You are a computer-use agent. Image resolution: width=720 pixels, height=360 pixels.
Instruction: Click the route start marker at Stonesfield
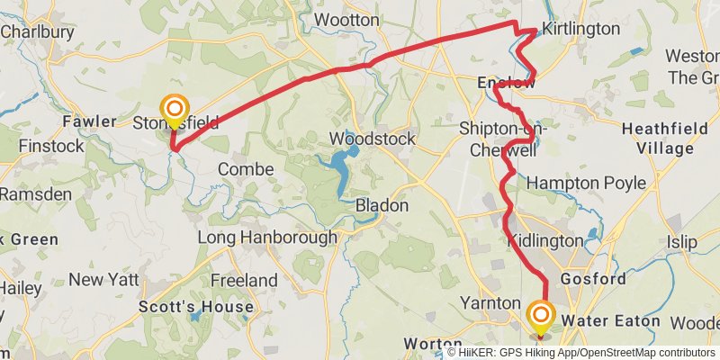click(x=173, y=109)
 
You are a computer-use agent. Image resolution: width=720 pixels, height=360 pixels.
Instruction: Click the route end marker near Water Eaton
click(x=541, y=315)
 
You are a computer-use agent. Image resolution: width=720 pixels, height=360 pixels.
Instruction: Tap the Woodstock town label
click(x=372, y=139)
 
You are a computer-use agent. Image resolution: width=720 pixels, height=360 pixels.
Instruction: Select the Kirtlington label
click(x=581, y=30)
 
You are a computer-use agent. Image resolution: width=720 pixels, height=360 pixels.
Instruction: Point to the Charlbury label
click(x=37, y=31)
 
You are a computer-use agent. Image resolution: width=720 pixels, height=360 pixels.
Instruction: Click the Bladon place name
click(x=382, y=205)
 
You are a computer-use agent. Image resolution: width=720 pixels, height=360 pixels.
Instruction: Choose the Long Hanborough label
click(x=267, y=238)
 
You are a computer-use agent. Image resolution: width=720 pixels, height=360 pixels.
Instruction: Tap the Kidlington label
click(x=545, y=241)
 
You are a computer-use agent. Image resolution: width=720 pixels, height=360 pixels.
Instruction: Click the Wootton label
click(x=346, y=19)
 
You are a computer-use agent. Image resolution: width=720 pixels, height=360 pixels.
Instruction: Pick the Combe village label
click(x=245, y=169)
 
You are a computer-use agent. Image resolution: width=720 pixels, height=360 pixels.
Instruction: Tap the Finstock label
click(x=50, y=144)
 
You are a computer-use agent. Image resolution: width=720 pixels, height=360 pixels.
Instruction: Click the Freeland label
click(x=244, y=281)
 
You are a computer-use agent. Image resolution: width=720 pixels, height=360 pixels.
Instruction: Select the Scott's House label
click(x=195, y=307)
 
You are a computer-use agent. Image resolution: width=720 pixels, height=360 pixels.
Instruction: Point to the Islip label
click(x=681, y=242)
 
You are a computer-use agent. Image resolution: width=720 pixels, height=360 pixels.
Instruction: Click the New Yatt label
click(x=103, y=280)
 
